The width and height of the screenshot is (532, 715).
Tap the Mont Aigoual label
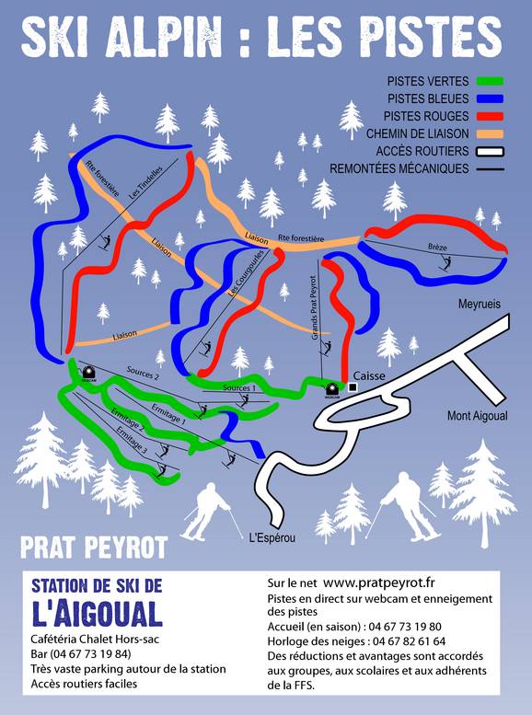(x=479, y=415)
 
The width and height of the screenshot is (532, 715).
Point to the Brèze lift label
(x=437, y=247)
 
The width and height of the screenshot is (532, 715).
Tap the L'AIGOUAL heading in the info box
(x=97, y=614)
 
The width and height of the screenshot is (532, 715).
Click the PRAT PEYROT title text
(x=94, y=548)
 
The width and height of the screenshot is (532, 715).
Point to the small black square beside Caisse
(x=352, y=387)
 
